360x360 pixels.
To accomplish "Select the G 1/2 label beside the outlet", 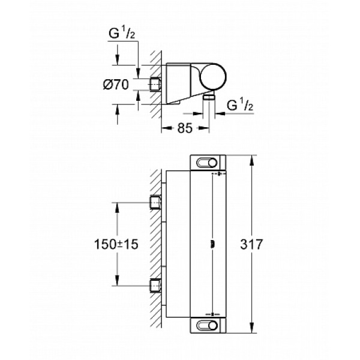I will click(239, 106).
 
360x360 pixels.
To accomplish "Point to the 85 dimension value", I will click(185, 128).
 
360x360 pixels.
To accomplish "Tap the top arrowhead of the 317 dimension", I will click(251, 158).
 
